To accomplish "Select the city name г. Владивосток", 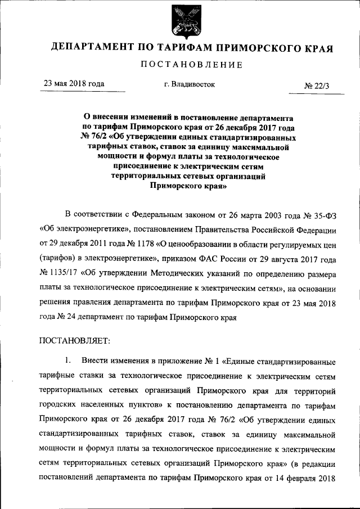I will click(x=190, y=84).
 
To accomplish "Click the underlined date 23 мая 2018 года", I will click(x=74, y=84).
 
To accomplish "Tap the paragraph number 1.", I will click(x=68, y=359).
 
